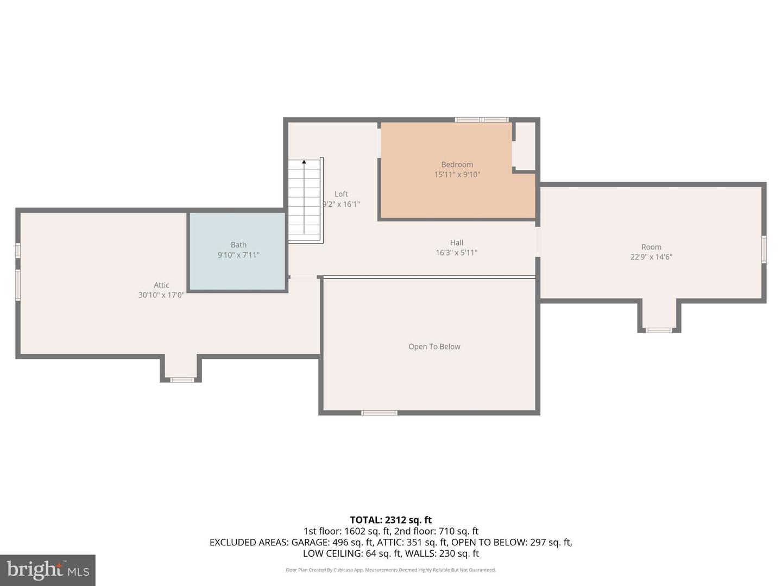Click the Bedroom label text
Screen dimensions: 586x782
457,164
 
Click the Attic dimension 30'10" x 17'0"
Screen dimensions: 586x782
161,295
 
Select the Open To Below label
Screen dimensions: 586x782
434,347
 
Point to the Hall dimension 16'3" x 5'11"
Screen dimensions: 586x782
456,252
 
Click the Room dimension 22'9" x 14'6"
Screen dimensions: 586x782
651,257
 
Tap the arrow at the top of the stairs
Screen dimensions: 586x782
304,162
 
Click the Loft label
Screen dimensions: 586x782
341,194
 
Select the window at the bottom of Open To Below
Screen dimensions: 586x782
379,413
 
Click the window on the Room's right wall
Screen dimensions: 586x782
764,249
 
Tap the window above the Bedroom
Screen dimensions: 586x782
481,119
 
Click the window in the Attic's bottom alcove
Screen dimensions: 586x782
182,380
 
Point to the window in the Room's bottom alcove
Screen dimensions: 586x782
658,330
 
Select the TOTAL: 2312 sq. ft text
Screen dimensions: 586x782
390,520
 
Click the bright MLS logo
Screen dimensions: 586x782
48,570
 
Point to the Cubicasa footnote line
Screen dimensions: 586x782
390,570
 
